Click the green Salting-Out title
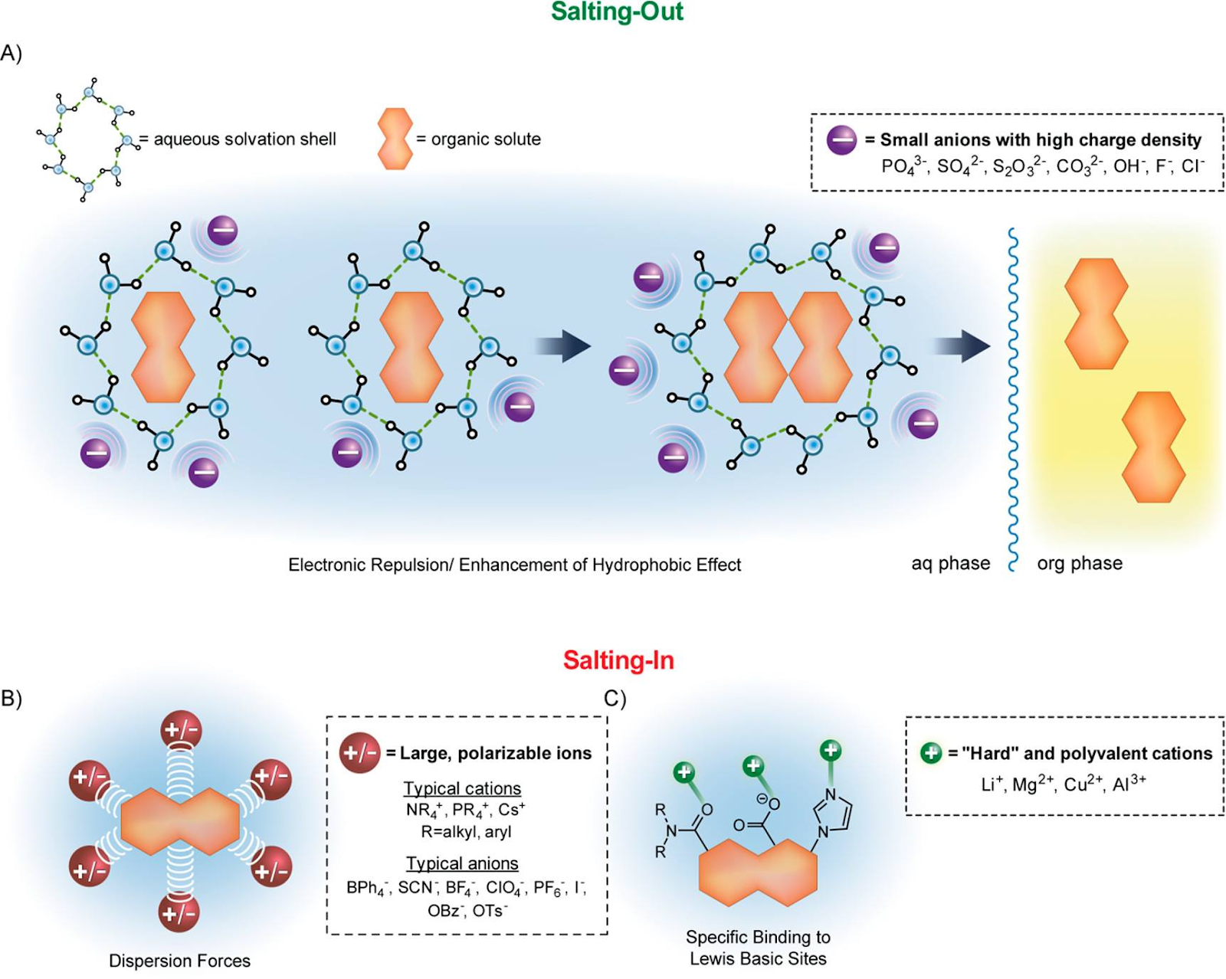tap(618, 12)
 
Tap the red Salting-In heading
tap(618, 660)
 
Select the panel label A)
tap(11, 54)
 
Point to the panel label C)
tap(615, 699)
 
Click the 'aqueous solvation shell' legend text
tap(244, 139)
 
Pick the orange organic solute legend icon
tap(395, 139)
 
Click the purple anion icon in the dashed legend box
tap(841, 140)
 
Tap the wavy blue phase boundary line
tap(1013, 398)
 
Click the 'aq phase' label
tap(950, 564)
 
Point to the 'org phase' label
tap(1080, 564)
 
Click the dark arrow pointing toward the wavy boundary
tap(962, 346)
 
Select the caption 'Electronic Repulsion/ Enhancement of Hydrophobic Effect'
tap(514, 565)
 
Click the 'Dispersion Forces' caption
tap(179, 961)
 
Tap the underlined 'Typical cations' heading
tap(462, 788)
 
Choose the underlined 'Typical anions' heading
tap(462, 863)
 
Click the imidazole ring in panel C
tap(834, 813)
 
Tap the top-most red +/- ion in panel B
tap(181, 730)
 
